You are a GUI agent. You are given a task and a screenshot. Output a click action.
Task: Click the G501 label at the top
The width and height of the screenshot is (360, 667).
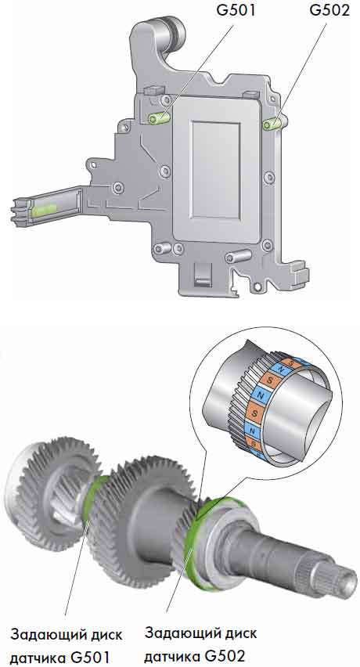tap(236, 9)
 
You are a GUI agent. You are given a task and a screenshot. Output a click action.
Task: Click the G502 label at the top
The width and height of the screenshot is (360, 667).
tap(329, 9)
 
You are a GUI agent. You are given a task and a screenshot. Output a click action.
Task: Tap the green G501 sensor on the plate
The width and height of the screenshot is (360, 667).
tap(160, 118)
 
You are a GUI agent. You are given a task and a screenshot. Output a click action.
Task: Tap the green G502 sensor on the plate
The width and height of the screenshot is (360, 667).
tap(272, 124)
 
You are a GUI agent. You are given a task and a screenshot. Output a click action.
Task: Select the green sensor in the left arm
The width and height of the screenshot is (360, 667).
tap(44, 209)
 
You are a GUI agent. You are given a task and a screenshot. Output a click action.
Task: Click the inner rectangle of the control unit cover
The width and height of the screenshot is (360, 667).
tap(216, 169)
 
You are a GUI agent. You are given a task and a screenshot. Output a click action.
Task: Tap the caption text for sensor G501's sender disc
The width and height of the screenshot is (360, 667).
tap(66, 646)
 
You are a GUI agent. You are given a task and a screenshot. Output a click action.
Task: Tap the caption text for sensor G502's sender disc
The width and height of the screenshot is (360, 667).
tap(200, 645)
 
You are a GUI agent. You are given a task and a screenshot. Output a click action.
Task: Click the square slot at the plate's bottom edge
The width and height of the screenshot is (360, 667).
tap(200, 274)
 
